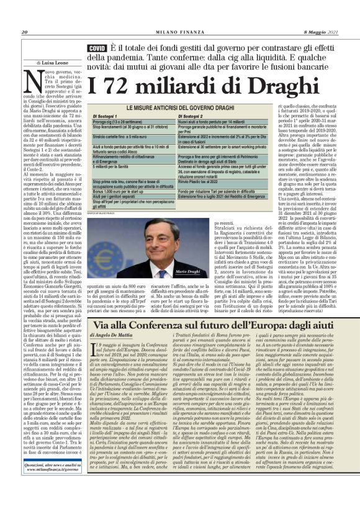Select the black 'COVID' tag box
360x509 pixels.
[97, 48]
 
